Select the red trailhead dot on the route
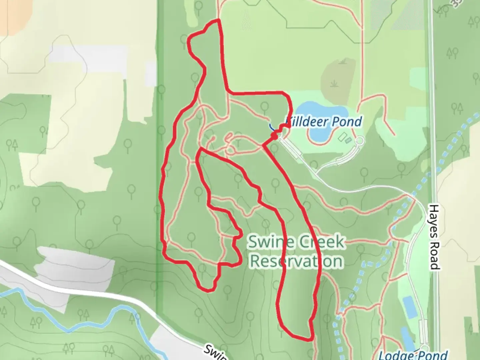coord(275,136)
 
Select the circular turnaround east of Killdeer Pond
coord(360,142)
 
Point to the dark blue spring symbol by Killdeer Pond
coord(272,127)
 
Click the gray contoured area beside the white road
coord(77,263)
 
